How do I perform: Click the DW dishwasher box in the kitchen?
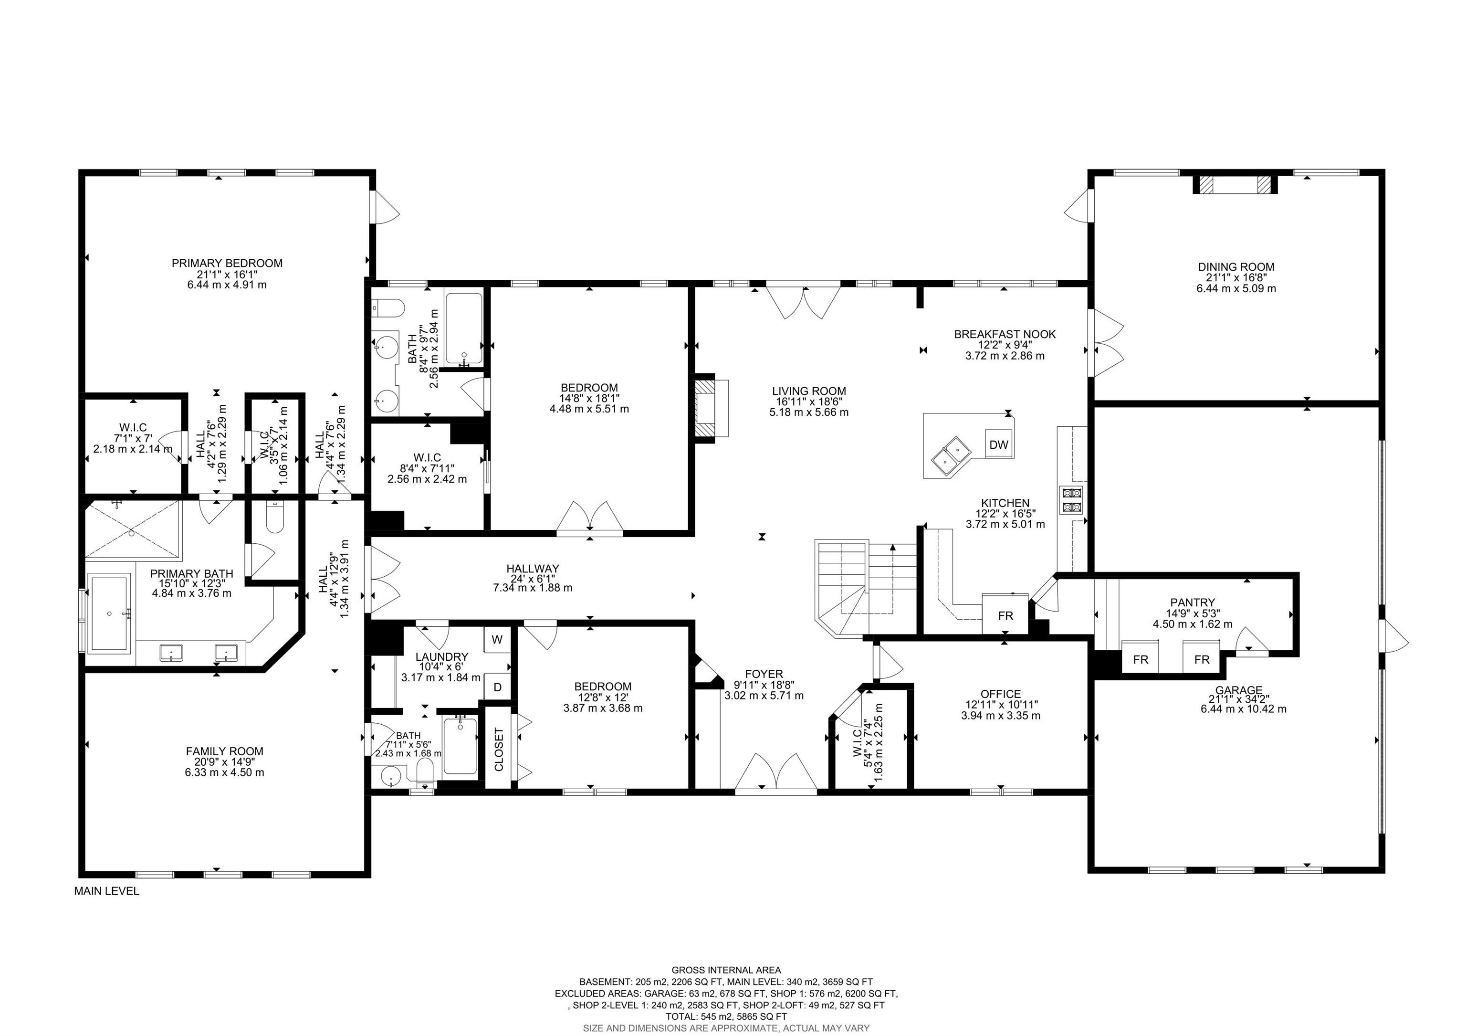tap(999, 444)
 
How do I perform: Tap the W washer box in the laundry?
tap(497, 639)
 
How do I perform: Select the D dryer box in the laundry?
tap(497, 687)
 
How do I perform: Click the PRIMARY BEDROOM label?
tap(227, 263)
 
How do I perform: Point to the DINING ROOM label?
tap(1236, 267)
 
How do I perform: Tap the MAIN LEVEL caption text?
tap(106, 891)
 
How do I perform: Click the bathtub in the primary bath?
tap(110, 613)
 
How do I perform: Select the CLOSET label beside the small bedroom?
tap(499, 749)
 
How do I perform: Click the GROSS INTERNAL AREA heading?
tap(726, 970)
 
